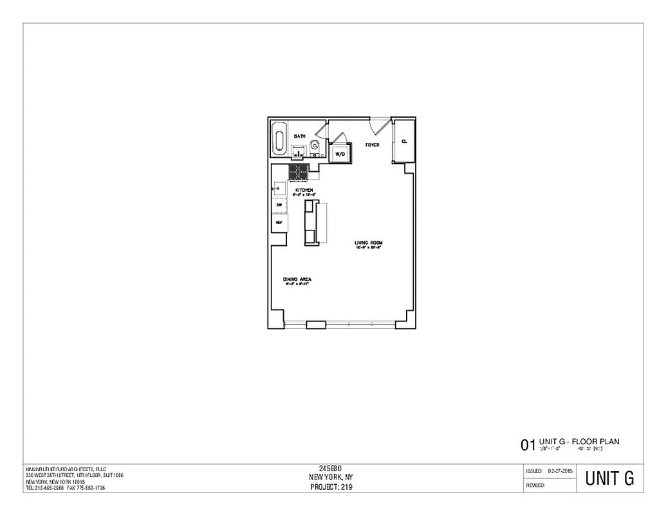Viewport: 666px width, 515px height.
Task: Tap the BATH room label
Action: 299,136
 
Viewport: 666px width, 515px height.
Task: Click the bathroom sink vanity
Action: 299,152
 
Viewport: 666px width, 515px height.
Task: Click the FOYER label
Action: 372,145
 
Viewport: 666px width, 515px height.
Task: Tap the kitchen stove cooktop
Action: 298,172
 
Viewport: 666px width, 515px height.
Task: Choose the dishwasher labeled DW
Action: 279,205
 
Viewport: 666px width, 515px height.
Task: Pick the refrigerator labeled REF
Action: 279,222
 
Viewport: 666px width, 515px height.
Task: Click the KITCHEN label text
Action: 304,191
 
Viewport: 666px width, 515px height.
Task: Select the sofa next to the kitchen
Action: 311,222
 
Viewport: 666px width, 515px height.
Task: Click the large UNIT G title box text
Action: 609,478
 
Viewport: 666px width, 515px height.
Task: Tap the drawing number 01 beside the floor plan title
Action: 527,445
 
